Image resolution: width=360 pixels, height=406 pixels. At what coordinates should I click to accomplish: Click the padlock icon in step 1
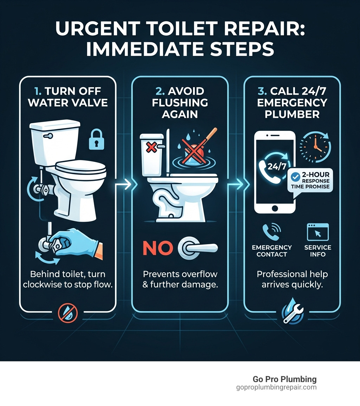pyautogui.click(x=96, y=139)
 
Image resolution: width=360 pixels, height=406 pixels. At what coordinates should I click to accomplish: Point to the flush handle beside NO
pyautogui.click(x=197, y=247)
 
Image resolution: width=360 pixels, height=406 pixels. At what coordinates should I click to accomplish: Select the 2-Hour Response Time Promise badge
pyautogui.click(x=309, y=180)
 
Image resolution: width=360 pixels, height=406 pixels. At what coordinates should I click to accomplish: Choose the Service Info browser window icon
pyautogui.click(x=317, y=231)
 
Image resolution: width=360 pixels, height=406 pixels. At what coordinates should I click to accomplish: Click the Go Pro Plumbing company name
pyautogui.click(x=284, y=379)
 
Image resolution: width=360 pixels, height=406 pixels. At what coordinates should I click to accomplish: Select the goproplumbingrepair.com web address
pyautogui.click(x=276, y=387)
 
